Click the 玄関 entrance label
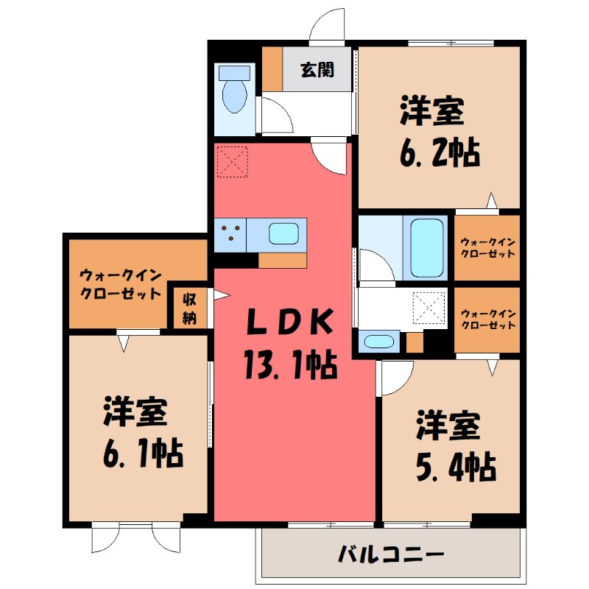click(x=317, y=70)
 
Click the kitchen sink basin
click(x=283, y=234)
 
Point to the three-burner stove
click(x=230, y=234)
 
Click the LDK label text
click(x=289, y=322)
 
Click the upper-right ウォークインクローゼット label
click(x=487, y=247)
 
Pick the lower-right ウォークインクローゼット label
click(x=487, y=320)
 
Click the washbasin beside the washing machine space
click(x=378, y=342)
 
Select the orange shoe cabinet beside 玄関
click(x=272, y=68)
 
